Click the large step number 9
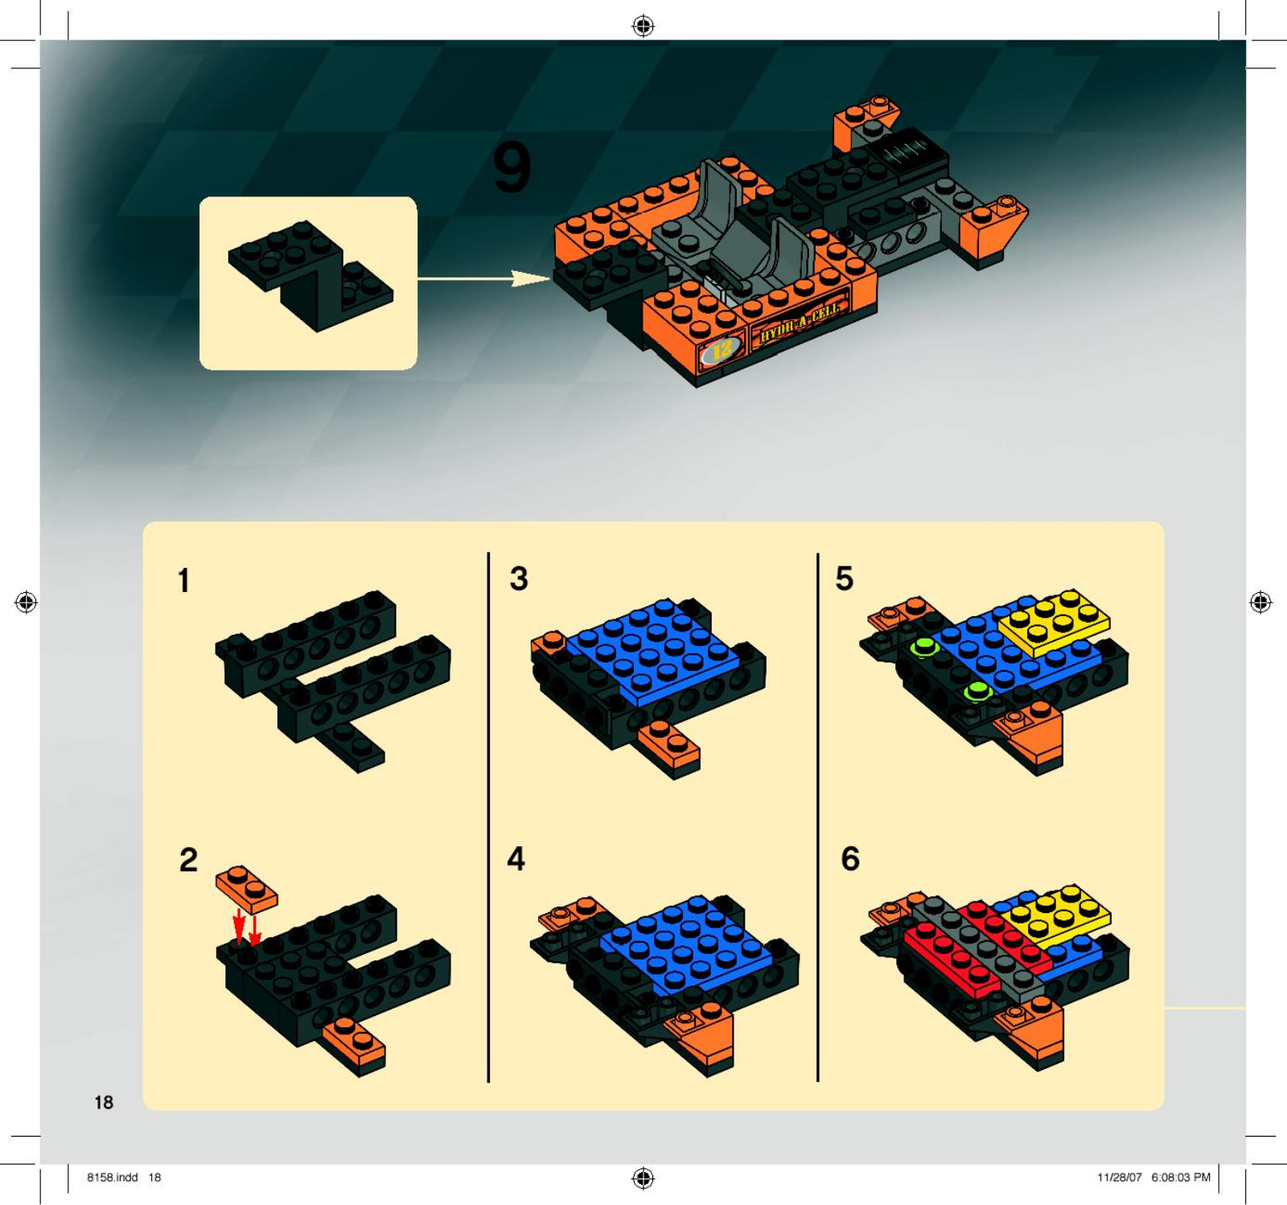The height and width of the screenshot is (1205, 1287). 512,167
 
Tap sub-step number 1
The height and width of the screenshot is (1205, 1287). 184,580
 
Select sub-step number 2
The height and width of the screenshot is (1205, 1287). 188,859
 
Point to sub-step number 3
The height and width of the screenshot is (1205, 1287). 519,578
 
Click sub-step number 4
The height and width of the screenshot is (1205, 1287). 516,858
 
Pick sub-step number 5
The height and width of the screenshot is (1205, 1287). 845,578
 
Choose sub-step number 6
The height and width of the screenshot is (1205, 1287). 850,858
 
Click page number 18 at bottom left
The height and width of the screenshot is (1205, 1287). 104,1103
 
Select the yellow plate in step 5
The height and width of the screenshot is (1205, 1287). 1054,621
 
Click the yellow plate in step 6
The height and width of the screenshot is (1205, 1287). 1055,915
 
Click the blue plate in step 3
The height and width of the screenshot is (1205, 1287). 652,652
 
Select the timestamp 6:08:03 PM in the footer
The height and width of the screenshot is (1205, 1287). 1180,1177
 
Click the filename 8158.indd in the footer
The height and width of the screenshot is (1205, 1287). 113,1177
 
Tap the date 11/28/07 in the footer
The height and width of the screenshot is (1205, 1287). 1120,1177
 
